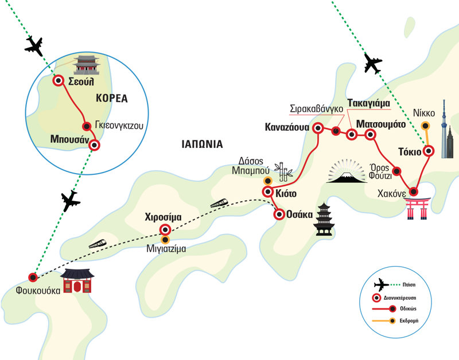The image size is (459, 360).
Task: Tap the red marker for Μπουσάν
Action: [95, 146]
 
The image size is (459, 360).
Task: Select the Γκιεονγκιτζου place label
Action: [118, 125]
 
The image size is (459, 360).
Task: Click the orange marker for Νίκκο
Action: [425, 126]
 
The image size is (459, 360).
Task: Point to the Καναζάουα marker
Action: [318, 129]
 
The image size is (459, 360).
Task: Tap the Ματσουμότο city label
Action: [380, 124]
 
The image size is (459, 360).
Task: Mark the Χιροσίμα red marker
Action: [164, 230]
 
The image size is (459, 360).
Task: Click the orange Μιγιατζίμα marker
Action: [166, 240]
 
